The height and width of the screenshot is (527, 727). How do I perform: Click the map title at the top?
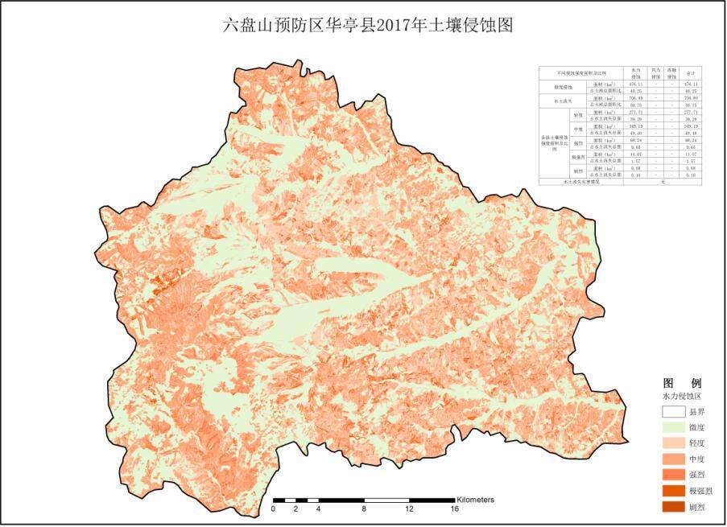click(x=367, y=25)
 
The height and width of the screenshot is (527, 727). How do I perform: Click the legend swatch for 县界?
click(x=673, y=413)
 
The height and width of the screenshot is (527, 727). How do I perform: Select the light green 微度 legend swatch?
click(x=673, y=428)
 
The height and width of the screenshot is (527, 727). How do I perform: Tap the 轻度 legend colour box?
click(x=673, y=443)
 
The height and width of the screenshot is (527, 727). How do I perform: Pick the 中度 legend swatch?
click(x=673, y=459)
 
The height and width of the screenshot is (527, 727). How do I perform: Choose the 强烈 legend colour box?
click(x=673, y=475)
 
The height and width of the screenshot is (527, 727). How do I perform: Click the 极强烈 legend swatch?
click(x=673, y=491)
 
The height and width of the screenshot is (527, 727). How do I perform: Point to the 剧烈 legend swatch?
click(x=673, y=507)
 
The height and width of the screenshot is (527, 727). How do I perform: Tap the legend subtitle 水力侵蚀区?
click(x=682, y=397)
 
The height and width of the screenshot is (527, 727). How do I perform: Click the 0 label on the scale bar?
click(x=274, y=509)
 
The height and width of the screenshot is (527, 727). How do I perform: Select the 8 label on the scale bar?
click(x=365, y=509)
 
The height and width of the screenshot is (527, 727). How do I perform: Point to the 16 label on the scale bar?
click(x=455, y=509)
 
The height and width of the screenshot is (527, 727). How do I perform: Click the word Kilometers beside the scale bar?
click(x=476, y=500)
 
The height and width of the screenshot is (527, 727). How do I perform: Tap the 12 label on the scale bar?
click(x=410, y=509)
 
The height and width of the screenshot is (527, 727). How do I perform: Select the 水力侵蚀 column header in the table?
click(x=635, y=72)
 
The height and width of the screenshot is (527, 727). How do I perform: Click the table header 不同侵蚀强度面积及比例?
click(x=580, y=72)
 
